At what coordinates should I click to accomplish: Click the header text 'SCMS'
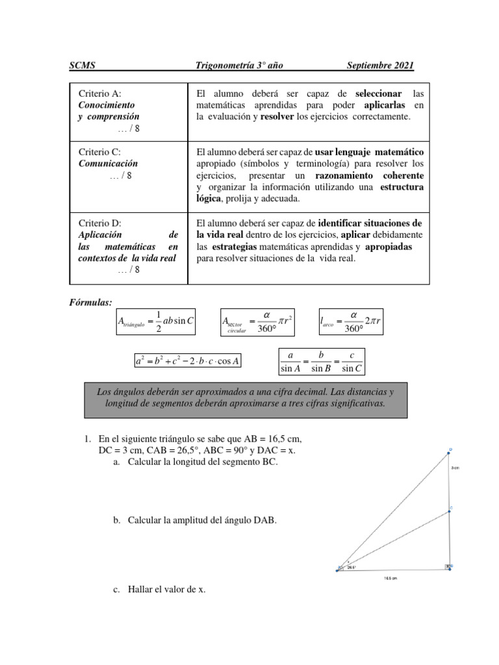(x=83, y=65)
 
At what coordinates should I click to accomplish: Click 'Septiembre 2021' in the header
(x=380, y=65)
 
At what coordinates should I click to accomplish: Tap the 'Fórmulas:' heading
(x=91, y=302)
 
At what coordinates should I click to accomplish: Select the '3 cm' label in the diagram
(x=455, y=467)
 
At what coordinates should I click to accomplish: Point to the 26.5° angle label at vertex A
(x=352, y=567)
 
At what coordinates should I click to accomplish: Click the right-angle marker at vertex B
(x=447, y=567)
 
